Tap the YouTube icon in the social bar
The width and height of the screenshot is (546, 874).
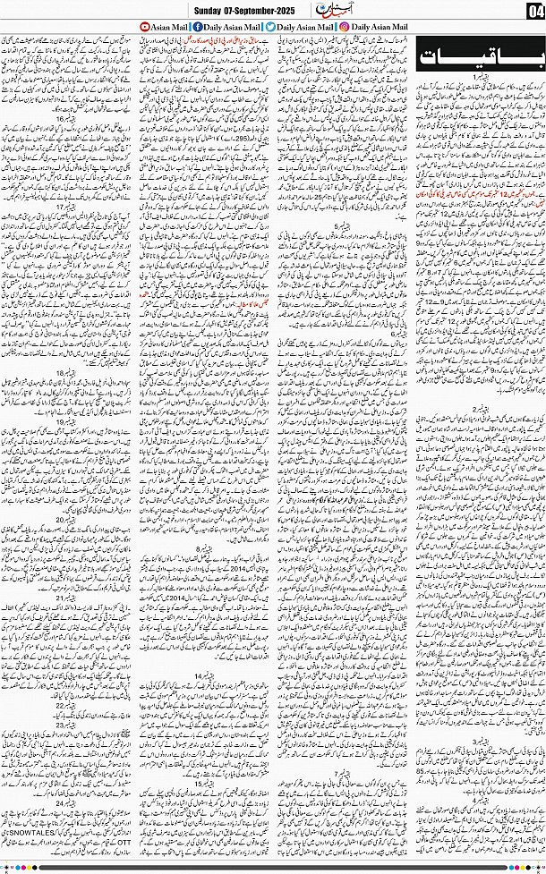144,28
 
